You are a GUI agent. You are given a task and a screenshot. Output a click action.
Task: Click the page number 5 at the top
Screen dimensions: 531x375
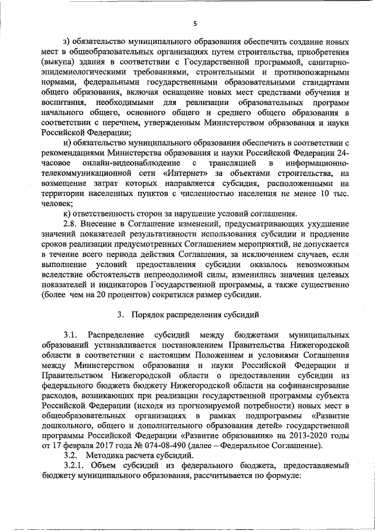pos(195,23)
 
